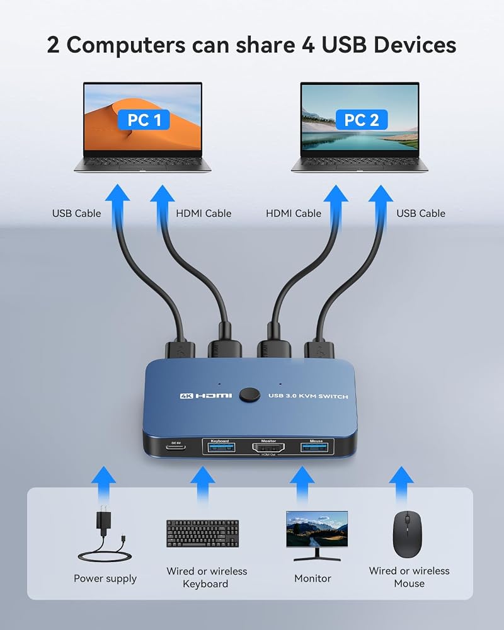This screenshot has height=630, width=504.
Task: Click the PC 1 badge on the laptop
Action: point(144,120)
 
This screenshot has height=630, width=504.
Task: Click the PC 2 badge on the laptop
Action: point(362,120)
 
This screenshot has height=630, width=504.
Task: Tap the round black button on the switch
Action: point(249,395)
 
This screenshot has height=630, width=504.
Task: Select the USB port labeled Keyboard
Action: point(219,447)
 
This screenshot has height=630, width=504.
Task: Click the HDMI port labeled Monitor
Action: point(268,447)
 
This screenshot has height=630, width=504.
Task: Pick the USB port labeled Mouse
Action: point(316,447)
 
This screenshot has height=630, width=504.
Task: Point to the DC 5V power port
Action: point(176,447)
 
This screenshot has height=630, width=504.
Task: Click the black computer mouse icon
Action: point(407,534)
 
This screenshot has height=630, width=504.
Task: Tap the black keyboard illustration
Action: point(203,534)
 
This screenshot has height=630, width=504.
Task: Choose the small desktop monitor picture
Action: point(317,535)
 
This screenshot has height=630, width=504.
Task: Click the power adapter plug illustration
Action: point(105,534)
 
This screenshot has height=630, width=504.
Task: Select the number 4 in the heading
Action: point(308,45)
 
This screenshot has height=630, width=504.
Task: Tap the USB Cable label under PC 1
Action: point(76,214)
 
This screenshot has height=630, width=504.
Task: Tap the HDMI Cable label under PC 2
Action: point(294,214)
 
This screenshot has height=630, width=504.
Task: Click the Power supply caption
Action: point(105,578)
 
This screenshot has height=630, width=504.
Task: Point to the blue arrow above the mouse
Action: point(401,484)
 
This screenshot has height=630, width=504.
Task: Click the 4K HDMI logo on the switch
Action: point(206,396)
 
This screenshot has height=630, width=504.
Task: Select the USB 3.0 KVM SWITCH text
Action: point(308,396)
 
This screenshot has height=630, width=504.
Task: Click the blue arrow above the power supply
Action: point(103,484)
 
